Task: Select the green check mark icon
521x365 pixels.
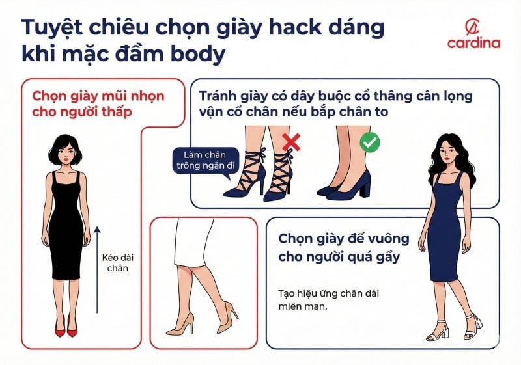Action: coord(370,141)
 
